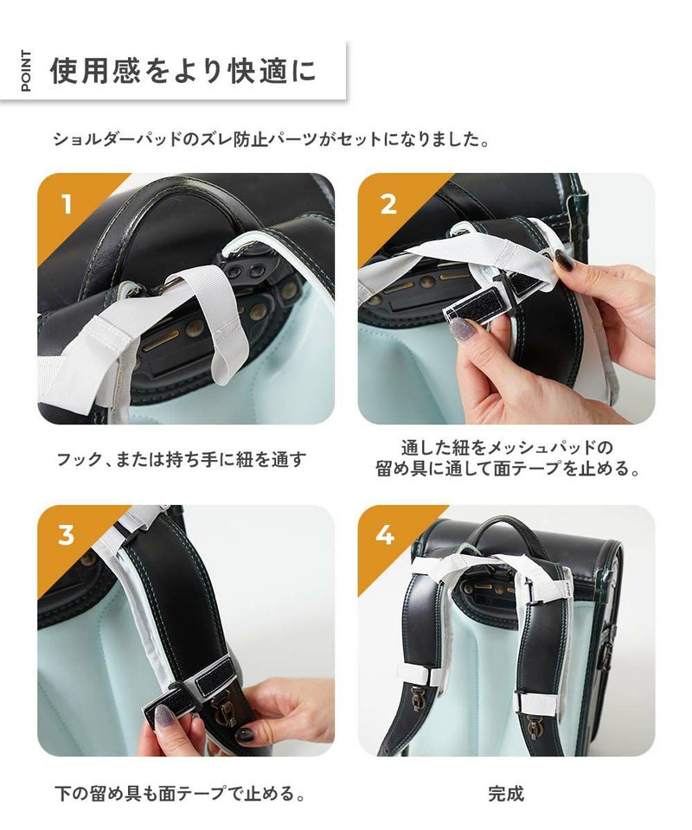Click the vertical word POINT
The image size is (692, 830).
point(26,71)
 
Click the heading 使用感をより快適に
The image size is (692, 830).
point(183,71)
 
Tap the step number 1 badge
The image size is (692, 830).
point(67,204)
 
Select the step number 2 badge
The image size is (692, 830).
point(388,204)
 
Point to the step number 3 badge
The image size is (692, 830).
point(67,535)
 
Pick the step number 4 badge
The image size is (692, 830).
point(385,535)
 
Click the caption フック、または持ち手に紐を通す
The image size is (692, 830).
point(182,459)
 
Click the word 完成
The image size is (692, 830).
point(506,794)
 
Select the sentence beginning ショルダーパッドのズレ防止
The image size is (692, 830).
point(271,140)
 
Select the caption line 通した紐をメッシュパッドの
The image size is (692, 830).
point(507,449)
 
